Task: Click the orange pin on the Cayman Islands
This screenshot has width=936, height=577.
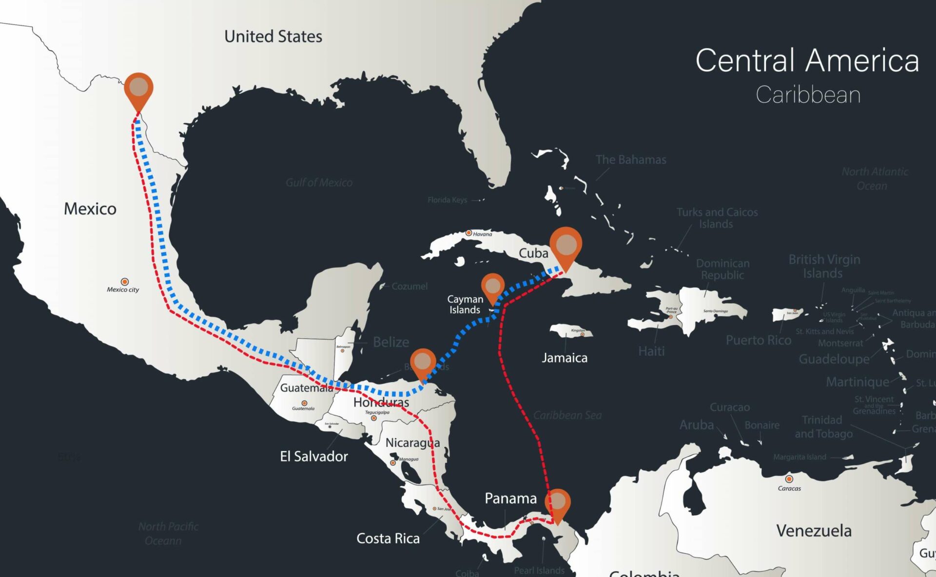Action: pos(492,287)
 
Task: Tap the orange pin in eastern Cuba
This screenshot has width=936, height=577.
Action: pos(565,245)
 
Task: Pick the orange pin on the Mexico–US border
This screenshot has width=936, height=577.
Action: pos(139,88)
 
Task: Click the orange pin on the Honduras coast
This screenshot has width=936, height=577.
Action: pos(423,362)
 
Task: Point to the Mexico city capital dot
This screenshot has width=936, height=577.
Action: pos(125,282)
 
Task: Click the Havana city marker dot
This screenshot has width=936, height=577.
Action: pos(469,233)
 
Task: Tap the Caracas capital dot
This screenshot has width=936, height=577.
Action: pos(789,479)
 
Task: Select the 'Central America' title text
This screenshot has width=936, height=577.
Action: pos(807,60)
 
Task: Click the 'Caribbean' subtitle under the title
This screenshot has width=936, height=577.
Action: pos(808,95)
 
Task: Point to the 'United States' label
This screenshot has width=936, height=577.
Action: pos(273,37)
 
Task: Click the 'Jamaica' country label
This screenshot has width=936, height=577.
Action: pos(565,358)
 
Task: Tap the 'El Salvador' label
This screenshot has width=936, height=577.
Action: pos(314,457)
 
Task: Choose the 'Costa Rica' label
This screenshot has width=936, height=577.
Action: pos(388,539)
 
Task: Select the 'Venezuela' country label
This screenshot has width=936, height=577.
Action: pos(814,531)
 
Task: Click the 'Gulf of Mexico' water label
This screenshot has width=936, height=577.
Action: pos(319,182)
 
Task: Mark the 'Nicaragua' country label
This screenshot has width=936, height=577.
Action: pos(412,442)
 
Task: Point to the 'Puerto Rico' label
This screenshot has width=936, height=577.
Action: pos(758,340)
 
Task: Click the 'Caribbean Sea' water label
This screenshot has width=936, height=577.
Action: pos(567,415)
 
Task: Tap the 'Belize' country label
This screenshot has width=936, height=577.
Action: pos(391,342)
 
